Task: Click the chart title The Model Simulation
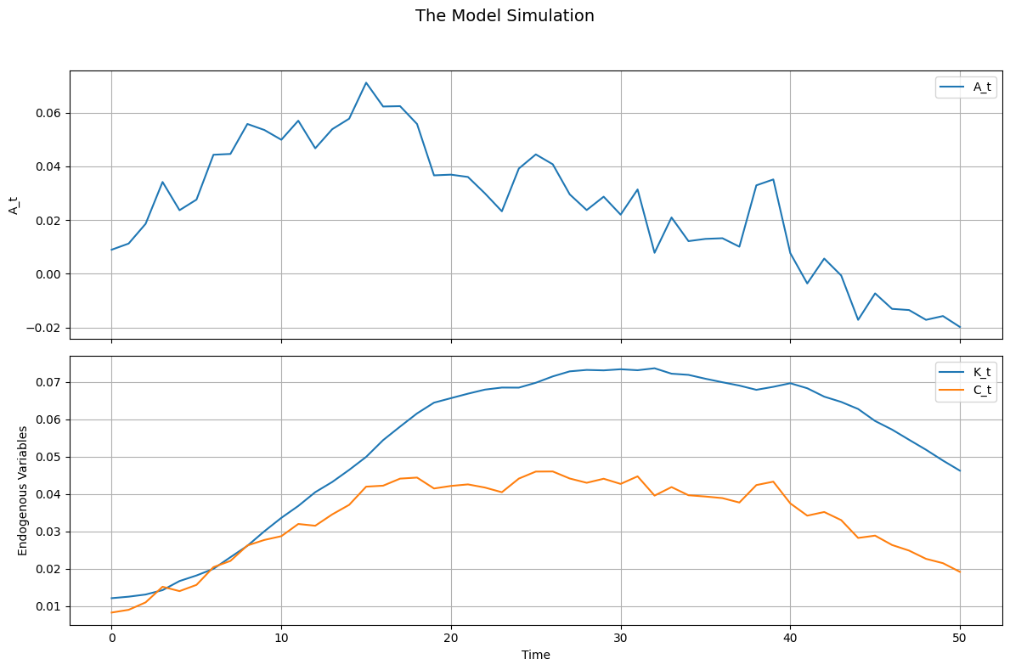pos(505,16)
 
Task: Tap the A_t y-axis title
pos(14,204)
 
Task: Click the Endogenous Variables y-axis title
pos(22,491)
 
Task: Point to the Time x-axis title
pos(535,655)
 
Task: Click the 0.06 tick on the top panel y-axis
pos(48,113)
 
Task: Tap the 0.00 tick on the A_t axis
pos(48,274)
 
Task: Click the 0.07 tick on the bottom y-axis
pos(48,382)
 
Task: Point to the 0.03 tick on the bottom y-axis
pos(48,532)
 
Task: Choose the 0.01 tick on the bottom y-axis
pos(48,606)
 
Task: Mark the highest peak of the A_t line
pos(366,82)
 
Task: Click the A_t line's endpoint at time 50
pos(960,327)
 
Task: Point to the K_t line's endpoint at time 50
pos(960,470)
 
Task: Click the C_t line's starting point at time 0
pos(111,612)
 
